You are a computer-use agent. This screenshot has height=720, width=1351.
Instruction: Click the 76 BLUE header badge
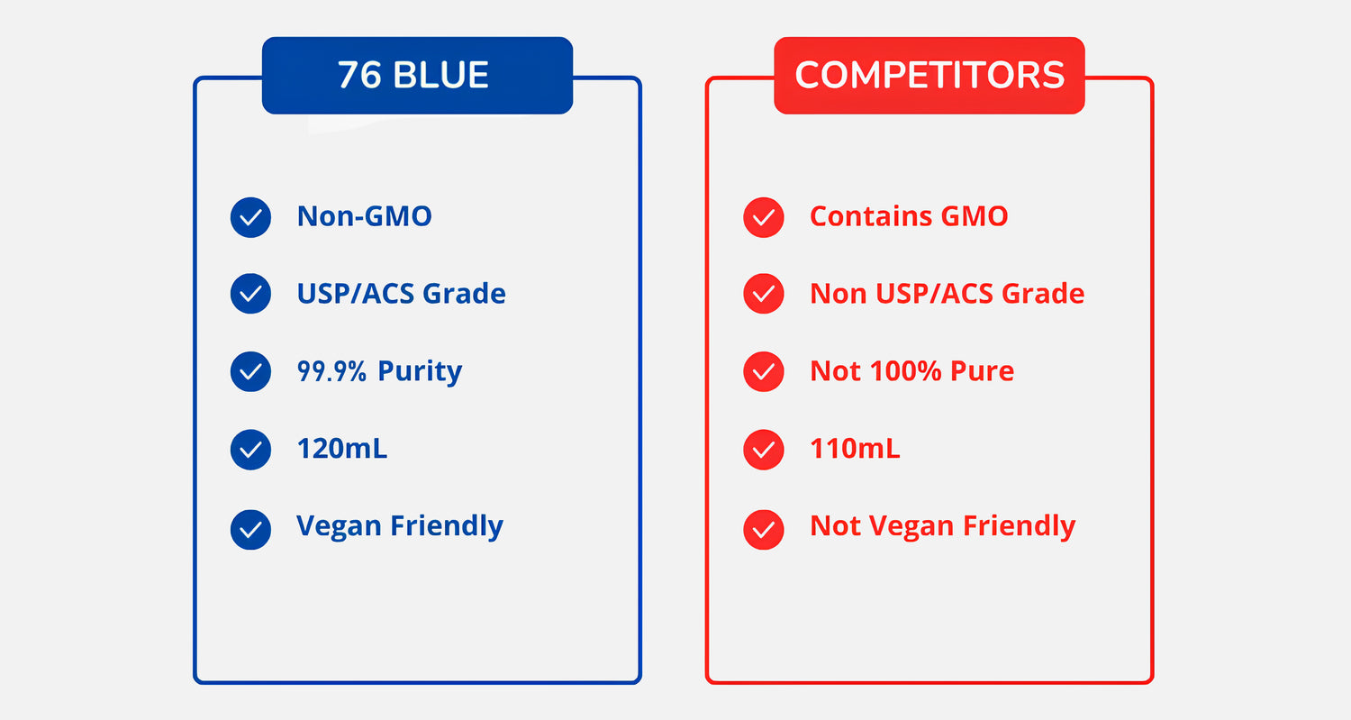417,76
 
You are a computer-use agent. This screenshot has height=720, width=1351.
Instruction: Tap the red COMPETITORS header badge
929,76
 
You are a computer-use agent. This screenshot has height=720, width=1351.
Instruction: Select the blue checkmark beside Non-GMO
250,217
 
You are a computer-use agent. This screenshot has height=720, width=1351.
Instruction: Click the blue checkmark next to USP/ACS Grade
250,294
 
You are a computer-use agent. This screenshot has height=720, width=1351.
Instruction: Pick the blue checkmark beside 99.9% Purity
250,372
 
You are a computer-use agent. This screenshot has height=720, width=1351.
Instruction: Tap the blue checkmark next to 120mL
250,450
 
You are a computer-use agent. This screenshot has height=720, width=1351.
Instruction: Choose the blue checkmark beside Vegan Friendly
250,530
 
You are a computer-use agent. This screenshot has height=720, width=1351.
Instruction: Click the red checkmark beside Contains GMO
764,217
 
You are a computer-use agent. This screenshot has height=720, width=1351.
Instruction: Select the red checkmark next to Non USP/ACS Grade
764,294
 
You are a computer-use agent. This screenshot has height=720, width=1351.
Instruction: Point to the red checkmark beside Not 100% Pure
764,372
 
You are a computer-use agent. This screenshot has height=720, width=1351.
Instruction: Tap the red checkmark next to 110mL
764,450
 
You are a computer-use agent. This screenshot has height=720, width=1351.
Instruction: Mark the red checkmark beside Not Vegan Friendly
764,530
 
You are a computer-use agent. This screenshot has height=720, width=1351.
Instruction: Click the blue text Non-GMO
364,216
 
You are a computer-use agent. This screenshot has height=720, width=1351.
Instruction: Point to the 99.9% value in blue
331,371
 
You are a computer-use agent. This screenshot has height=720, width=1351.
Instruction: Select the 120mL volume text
342,449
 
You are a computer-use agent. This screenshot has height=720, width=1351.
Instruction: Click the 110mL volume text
855,449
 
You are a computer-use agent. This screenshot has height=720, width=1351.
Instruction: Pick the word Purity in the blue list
420,372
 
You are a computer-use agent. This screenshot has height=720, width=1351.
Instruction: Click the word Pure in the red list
982,371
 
